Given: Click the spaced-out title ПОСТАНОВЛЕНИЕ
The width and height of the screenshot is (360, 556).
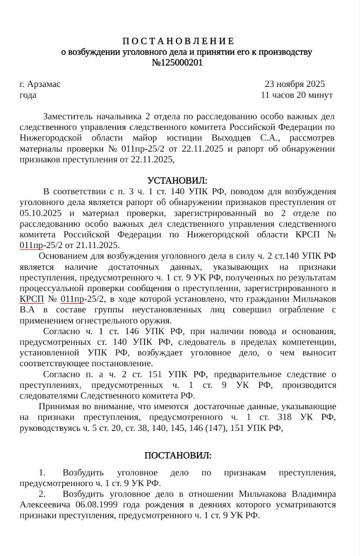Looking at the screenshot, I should (x=178, y=41).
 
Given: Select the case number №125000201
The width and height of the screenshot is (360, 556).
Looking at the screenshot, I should (x=177, y=63).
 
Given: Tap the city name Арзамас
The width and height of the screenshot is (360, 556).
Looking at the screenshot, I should (x=43, y=84).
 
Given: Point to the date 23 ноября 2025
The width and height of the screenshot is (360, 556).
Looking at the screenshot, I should (x=294, y=84).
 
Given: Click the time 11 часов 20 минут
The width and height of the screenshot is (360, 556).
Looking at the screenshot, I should (x=297, y=95).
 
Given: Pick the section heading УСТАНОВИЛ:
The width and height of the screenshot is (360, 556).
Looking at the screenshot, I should (x=177, y=181).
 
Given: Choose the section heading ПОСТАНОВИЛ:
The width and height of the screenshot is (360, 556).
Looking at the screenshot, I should (x=178, y=456).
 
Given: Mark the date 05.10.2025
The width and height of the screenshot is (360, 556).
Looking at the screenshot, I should (x=40, y=213).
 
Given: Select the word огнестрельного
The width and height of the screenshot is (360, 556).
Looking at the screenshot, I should (x=89, y=321).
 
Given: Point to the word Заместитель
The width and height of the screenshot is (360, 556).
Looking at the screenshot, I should (x=68, y=117).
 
